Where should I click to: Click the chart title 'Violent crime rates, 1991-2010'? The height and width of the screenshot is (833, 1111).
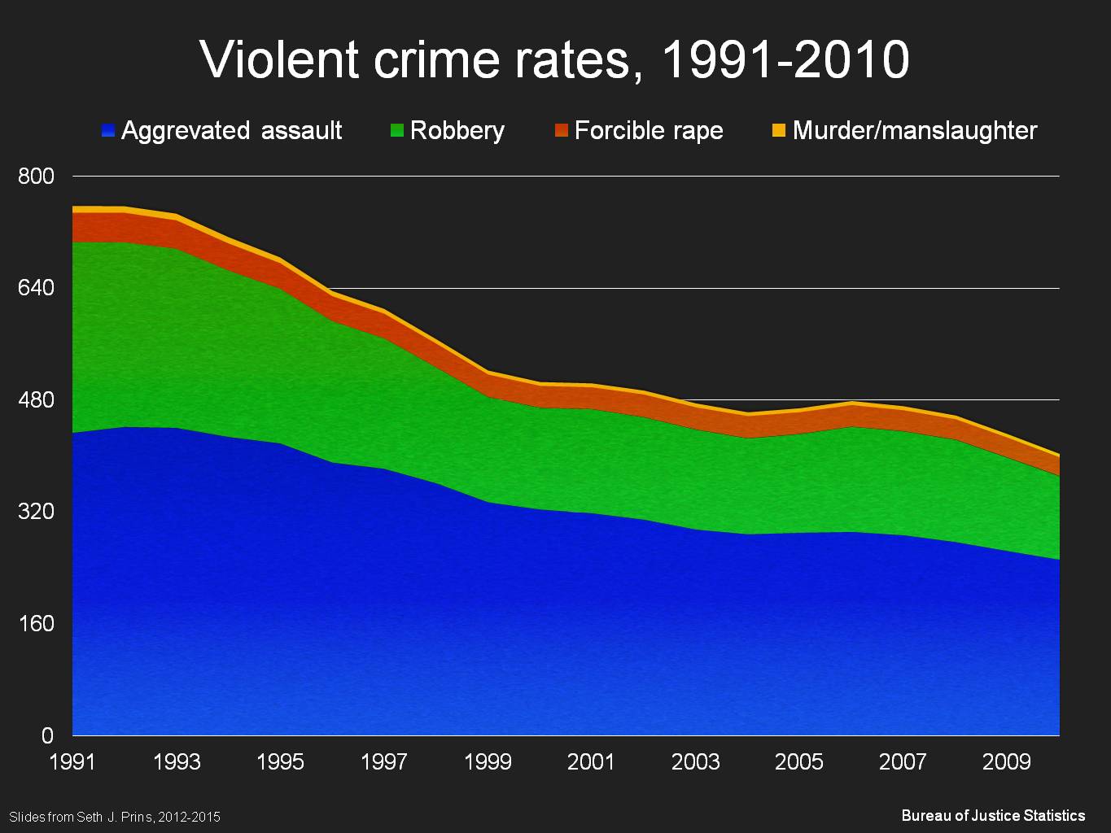[x=554, y=59]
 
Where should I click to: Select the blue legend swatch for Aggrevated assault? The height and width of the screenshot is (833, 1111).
[x=108, y=130]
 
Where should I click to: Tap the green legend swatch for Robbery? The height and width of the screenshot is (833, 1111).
[x=397, y=130]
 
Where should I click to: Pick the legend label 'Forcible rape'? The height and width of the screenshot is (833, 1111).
[x=648, y=130]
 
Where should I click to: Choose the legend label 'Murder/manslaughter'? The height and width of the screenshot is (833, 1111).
[x=914, y=130]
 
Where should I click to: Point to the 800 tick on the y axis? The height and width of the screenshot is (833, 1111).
[x=36, y=177]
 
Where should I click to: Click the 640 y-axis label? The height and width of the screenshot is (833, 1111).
[x=36, y=288]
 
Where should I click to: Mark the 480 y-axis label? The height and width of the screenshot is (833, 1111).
[x=36, y=400]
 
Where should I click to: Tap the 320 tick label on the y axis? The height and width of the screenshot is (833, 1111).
[x=36, y=512]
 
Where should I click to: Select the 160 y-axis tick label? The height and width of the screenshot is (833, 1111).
[x=36, y=624]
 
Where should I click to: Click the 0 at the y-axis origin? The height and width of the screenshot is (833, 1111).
[x=47, y=735]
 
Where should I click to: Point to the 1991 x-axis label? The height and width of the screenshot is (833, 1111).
[x=72, y=762]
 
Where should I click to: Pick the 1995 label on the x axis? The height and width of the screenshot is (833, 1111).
[x=280, y=762]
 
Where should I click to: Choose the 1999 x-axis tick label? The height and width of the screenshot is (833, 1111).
[x=488, y=762]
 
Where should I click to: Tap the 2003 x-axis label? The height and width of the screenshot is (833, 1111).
[x=695, y=762]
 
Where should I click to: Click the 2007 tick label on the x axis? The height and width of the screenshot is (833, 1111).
[x=903, y=762]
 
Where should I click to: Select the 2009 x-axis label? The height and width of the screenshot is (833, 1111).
[x=1007, y=762]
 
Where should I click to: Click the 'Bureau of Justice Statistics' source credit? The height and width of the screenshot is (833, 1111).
[x=993, y=815]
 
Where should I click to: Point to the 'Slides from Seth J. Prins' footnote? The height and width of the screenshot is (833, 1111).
[x=115, y=817]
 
